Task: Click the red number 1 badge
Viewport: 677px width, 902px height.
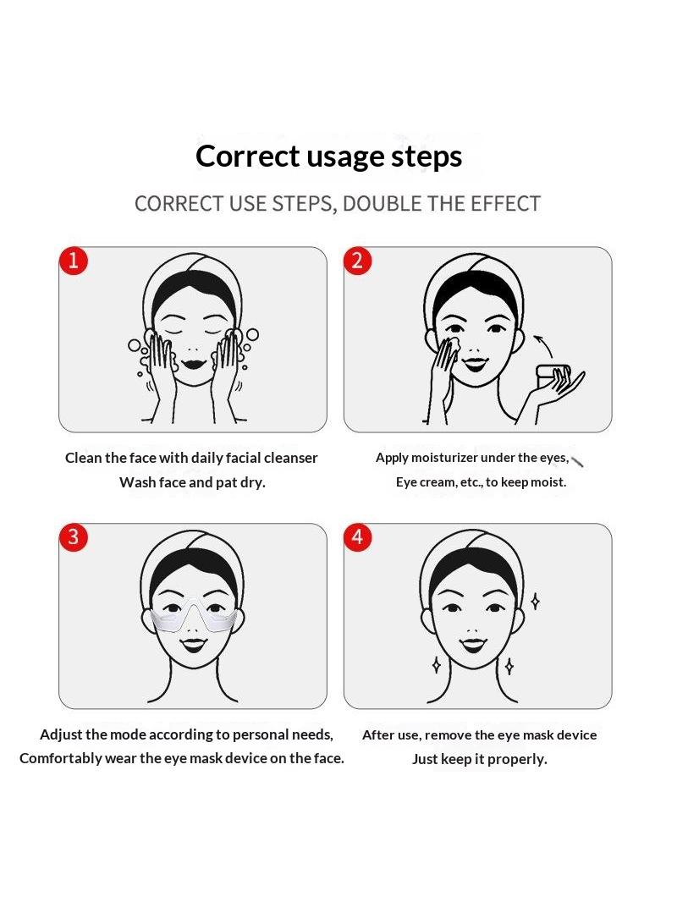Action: pos(73,261)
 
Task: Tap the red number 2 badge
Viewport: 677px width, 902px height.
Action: pos(357,261)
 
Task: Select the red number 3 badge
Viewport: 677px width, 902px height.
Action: pos(73,537)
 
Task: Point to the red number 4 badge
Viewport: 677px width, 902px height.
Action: pos(357,537)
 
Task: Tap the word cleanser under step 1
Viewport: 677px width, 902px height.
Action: pos(290,458)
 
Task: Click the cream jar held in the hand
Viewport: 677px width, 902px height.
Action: pos(553,375)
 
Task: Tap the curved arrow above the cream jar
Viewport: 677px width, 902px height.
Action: pos(543,344)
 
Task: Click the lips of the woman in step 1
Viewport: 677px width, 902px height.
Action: pos(193,364)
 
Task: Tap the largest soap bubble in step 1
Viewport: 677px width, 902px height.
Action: pos(252,334)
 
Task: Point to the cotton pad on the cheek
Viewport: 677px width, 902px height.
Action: pos(452,344)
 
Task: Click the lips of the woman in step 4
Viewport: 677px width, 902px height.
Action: pos(473,644)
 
